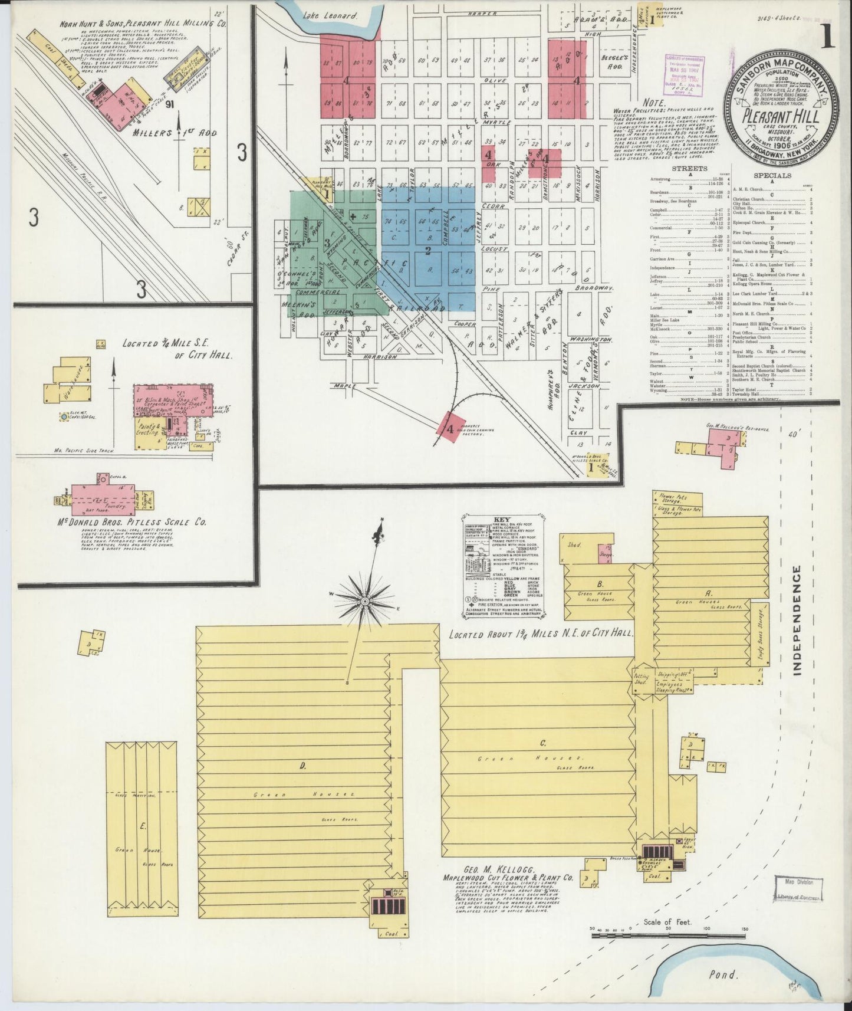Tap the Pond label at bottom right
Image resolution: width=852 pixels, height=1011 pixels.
coord(723,974)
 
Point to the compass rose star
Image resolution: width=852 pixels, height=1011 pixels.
coord(366,600)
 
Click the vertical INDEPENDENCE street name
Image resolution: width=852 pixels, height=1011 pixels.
coord(797,621)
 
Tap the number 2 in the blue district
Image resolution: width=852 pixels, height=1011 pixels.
coord(429,250)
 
